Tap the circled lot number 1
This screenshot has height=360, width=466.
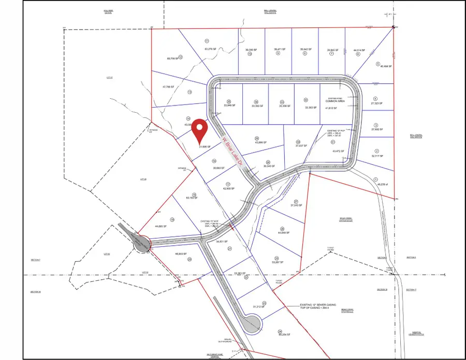[x=375, y=179]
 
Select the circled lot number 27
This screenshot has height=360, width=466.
[x=296, y=201]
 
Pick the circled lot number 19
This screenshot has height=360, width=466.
[x=172, y=219]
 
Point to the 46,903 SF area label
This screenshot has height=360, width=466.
[x=180, y=254]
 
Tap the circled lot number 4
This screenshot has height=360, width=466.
[x=375, y=98]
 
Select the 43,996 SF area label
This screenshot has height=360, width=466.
[x=257, y=143]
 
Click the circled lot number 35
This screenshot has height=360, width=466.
[x=228, y=101]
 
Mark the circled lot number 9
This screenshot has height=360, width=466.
[x=278, y=53]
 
